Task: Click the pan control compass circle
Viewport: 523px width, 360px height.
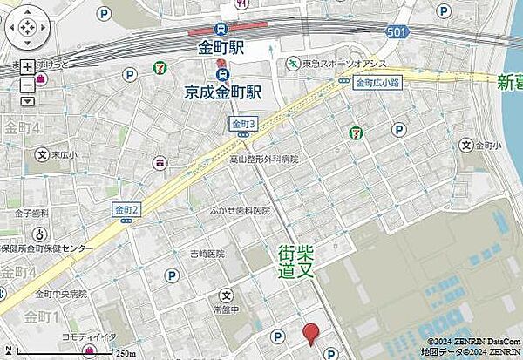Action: [27, 30]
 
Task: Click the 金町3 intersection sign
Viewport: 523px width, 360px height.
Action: [244, 125]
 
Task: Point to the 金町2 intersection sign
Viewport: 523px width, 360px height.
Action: [126, 209]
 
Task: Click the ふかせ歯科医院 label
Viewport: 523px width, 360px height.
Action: [240, 211]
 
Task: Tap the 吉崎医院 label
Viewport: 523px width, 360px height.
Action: [206, 254]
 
